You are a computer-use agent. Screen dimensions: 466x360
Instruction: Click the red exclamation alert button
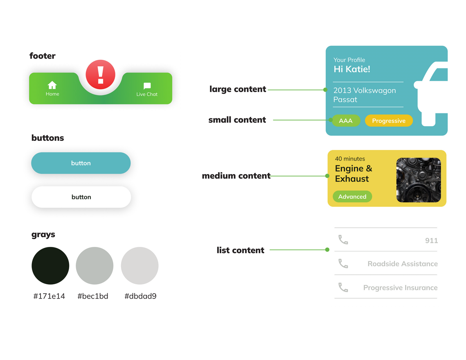[x=101, y=75]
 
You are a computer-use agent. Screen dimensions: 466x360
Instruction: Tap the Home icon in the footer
[x=52, y=85]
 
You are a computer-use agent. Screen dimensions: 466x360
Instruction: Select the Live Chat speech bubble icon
[x=147, y=86]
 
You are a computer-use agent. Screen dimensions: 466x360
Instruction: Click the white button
[x=81, y=197]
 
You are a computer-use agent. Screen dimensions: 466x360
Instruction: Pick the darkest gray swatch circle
[x=50, y=266]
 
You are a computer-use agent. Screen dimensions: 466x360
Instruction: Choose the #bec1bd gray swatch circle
[x=95, y=266]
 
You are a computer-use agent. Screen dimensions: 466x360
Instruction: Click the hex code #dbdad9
[x=140, y=296]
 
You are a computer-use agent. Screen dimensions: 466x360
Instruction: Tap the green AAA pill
[x=346, y=121]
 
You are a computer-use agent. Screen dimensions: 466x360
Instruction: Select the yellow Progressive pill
[x=389, y=121]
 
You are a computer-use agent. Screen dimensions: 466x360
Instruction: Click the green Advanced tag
[x=352, y=197]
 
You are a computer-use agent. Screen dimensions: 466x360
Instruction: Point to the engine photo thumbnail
[x=419, y=180]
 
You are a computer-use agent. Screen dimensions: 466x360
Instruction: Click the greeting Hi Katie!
[x=352, y=69]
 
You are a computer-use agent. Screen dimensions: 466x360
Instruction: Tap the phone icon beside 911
[x=343, y=240]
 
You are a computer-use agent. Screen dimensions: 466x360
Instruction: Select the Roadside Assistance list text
[x=403, y=264]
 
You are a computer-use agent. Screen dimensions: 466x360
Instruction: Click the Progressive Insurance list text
[x=400, y=288]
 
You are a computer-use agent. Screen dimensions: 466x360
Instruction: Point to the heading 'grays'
[x=43, y=234]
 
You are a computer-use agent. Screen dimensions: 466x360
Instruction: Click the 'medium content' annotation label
[x=236, y=176]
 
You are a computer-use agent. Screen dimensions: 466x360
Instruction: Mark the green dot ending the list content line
[x=327, y=249]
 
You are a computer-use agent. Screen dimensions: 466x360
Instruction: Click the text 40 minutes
[x=350, y=159]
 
